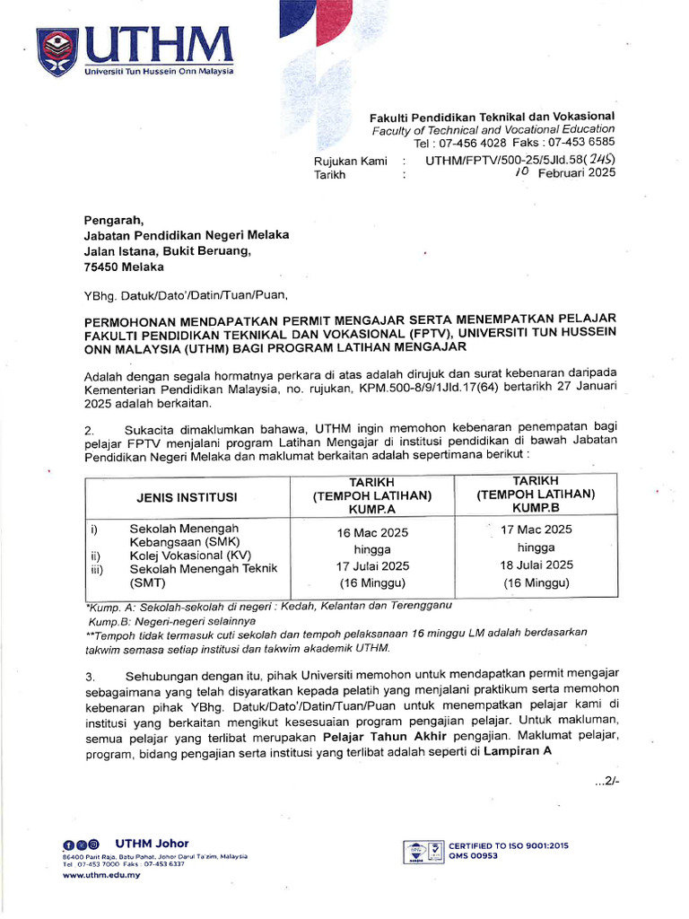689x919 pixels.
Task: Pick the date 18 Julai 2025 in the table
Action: point(536,565)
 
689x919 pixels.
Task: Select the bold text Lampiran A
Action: point(518,752)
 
